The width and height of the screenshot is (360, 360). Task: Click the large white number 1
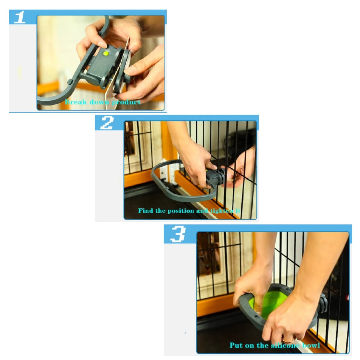pyautogui.click(x=20, y=17)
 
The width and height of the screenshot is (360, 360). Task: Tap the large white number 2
pyautogui.click(x=107, y=123)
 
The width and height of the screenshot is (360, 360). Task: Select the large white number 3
pyautogui.click(x=178, y=234)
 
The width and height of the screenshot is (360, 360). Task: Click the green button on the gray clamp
pyautogui.click(x=106, y=54)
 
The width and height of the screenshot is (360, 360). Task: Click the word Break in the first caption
pyautogui.click(x=76, y=102)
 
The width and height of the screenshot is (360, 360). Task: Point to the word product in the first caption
pyautogui.click(x=126, y=102)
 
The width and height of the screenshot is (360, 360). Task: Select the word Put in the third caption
pyautogui.click(x=236, y=345)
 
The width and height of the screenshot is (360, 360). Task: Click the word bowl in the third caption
pyautogui.click(x=311, y=345)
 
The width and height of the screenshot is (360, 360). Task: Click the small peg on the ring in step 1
pyautogui.click(x=70, y=82)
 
